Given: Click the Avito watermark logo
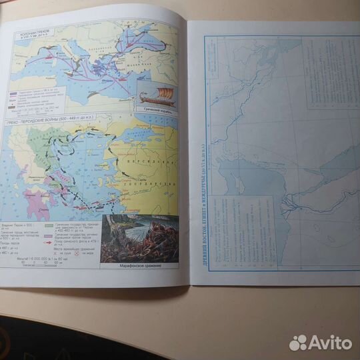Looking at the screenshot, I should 321,342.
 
